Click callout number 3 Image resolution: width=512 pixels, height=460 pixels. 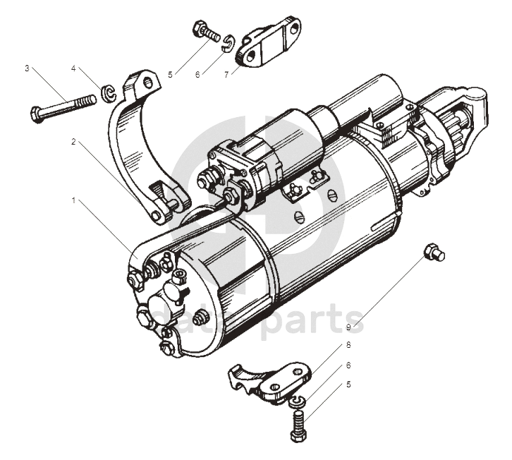pos(27,68)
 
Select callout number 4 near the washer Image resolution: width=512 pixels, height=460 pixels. pos(73,68)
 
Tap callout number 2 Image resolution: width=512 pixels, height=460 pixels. pos(73,141)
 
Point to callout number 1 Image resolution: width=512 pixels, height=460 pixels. pos(73,201)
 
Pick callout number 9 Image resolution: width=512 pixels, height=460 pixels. pos(348,326)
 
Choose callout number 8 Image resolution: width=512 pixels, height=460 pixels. pos(348,345)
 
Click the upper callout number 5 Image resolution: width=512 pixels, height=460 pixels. pos(170,73)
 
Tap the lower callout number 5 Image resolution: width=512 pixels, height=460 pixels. pos(348,385)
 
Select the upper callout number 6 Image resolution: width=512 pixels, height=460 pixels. pos(198,73)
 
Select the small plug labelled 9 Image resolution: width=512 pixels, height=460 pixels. pos(433,252)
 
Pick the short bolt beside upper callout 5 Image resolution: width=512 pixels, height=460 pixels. pos(203,32)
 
